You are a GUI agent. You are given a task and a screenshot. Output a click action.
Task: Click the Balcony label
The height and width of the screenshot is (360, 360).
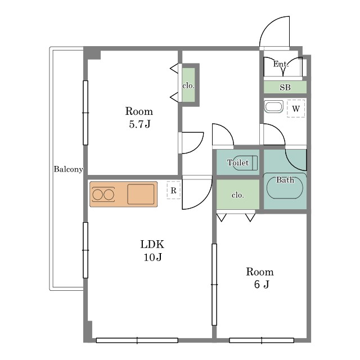68,169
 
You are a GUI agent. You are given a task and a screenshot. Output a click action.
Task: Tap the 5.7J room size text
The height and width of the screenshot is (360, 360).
139,124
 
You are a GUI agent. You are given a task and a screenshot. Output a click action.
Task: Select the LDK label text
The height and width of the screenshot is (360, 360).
152,244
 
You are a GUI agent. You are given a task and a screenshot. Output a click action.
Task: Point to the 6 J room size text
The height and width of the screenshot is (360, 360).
262,285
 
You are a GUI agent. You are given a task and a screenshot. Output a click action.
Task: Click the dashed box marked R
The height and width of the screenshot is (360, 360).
174,190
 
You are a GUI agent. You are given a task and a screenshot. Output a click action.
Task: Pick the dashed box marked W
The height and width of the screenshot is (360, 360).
296,109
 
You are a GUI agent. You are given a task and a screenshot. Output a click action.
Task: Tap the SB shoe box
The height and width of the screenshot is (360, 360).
285,87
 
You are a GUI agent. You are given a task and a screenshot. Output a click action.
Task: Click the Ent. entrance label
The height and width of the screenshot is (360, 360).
281,64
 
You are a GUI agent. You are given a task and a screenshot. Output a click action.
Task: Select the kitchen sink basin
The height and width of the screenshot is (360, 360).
141,194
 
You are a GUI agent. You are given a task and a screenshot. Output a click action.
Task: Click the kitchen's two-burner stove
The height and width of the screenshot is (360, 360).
103,195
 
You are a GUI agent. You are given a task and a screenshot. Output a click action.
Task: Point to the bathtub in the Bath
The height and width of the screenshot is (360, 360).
285,187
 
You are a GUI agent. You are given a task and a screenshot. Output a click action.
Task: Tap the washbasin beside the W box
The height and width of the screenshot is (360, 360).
274,107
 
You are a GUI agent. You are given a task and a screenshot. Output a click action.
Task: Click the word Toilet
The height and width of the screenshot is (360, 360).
238,163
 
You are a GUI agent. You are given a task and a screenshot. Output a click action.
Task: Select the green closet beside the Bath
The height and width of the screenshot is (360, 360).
238,194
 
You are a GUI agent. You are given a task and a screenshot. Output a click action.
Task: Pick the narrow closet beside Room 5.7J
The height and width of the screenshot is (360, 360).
188,85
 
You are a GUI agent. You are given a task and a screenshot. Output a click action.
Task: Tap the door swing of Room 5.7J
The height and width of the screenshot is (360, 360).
197,147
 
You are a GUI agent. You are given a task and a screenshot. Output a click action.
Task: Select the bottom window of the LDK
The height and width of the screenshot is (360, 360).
137,340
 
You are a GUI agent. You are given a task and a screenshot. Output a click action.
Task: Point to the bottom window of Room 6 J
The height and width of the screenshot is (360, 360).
262,340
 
